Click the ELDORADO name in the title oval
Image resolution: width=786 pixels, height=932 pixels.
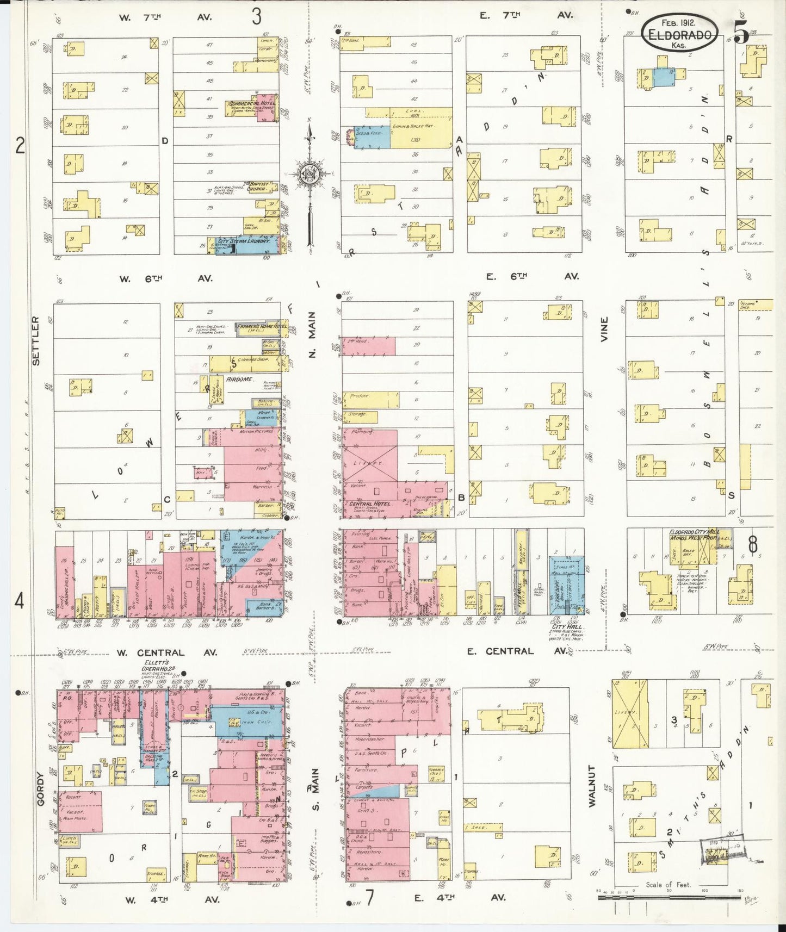[680, 35]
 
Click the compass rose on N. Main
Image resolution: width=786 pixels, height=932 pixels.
[310, 175]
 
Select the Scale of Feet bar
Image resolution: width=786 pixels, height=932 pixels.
[667, 897]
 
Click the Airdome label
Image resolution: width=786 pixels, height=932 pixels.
[239, 379]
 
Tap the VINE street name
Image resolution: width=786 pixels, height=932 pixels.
[604, 330]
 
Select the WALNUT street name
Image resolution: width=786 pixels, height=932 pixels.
[592, 786]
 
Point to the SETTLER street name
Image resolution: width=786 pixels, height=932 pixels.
[36, 340]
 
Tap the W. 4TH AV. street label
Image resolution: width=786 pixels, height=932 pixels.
[172, 899]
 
